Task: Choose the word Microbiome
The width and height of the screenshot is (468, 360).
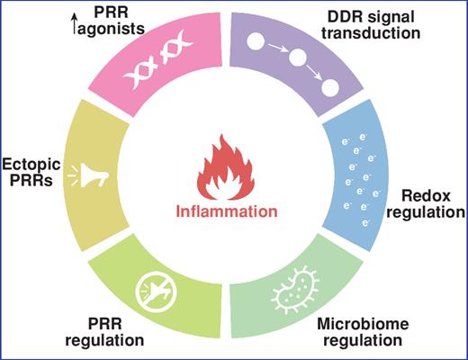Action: pos(364,325)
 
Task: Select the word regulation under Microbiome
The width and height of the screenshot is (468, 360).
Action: pos(364,341)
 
